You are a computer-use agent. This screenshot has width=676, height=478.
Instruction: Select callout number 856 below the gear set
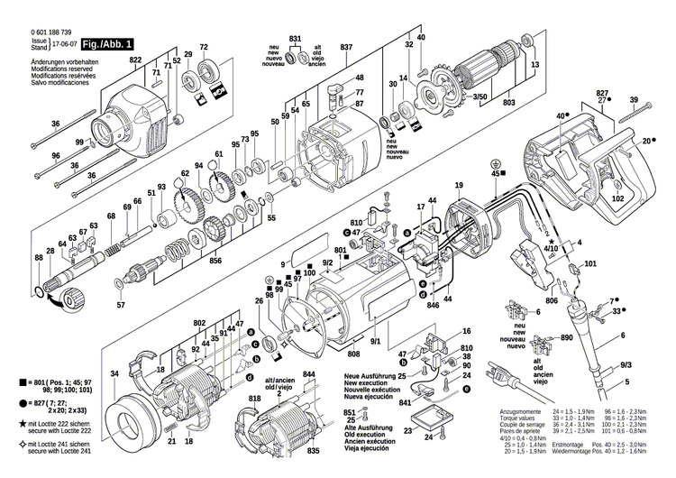pyautogui.click(x=215, y=262)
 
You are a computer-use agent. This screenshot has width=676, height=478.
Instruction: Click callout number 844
pyautogui.click(x=309, y=375)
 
